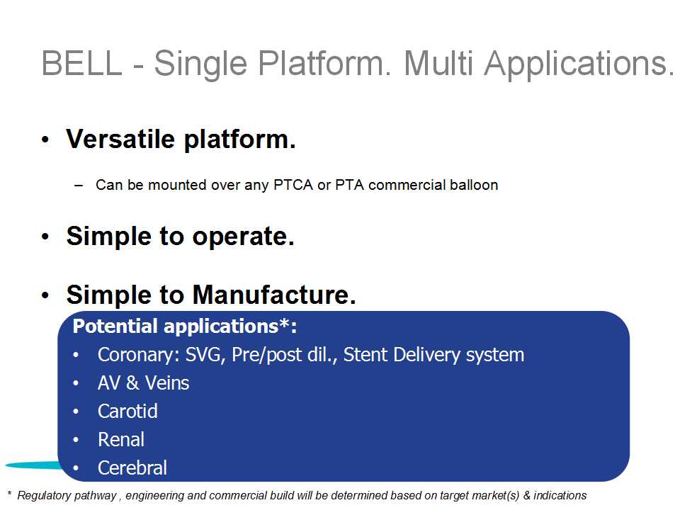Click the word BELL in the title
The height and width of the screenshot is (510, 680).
pyautogui.click(x=82, y=63)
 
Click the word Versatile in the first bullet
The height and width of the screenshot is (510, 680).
pyautogui.click(x=120, y=140)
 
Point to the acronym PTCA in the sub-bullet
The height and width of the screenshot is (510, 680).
pyautogui.click(x=293, y=185)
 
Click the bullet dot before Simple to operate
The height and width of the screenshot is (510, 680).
pyautogui.click(x=45, y=237)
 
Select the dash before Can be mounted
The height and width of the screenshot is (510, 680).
pyautogui.click(x=79, y=185)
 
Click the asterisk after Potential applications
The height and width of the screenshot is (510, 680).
pyautogui.click(x=285, y=323)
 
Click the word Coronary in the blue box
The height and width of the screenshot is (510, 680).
pyautogui.click(x=136, y=355)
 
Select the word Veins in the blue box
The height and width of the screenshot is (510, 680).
pyautogui.click(x=167, y=383)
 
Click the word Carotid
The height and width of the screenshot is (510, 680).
pyautogui.click(x=127, y=411)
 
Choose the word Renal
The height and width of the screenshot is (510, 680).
pyautogui.click(x=121, y=439)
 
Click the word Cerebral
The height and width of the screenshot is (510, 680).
pyautogui.click(x=132, y=467)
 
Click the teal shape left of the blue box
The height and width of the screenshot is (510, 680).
pyautogui.click(x=35, y=465)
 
